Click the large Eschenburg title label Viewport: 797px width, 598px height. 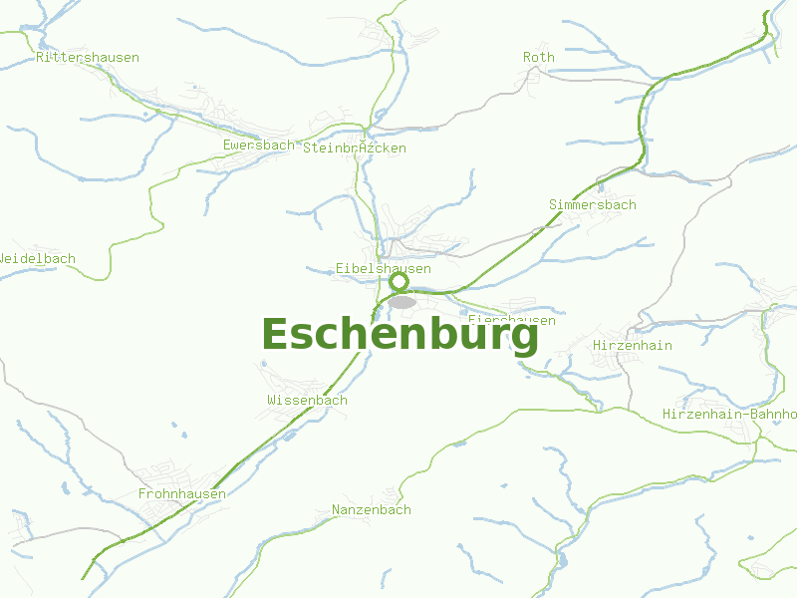pyautogui.click(x=399, y=335)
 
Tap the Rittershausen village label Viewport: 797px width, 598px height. pyautogui.click(x=88, y=58)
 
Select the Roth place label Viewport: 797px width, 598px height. pyautogui.click(x=538, y=58)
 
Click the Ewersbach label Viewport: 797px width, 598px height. pyautogui.click(x=259, y=146)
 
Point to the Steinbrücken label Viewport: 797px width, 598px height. pyautogui.click(x=355, y=149)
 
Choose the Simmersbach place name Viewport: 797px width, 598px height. pyautogui.click(x=592, y=205)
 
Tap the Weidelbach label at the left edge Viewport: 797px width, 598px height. pyautogui.click(x=37, y=259)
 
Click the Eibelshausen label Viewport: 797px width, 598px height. pyautogui.click(x=384, y=269)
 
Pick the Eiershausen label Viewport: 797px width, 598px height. pyautogui.click(x=513, y=320)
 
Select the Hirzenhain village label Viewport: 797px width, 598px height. pyautogui.click(x=632, y=346)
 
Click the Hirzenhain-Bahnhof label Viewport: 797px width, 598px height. pyautogui.click(x=730, y=414)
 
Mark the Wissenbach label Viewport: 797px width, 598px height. pyautogui.click(x=307, y=401)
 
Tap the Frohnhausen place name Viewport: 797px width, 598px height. pyautogui.click(x=182, y=494)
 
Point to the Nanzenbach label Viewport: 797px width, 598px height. pyautogui.click(x=371, y=510)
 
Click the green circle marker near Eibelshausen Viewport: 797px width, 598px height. pyautogui.click(x=398, y=282)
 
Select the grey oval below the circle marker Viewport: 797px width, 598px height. pyautogui.click(x=402, y=301)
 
